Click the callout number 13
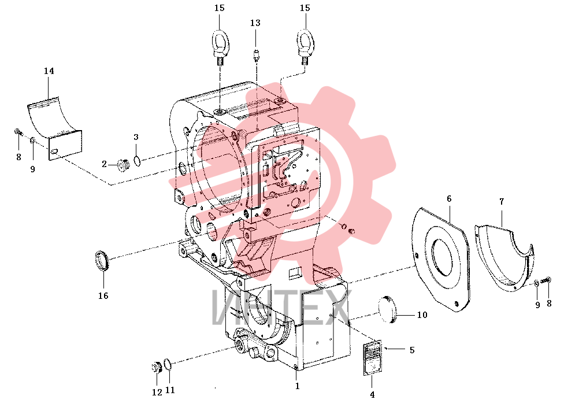pyautogui.click(x=255, y=23)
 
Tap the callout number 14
pyautogui.click(x=49, y=71)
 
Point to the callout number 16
pyautogui.click(x=103, y=296)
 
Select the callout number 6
pyautogui.click(x=449, y=199)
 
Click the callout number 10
pyautogui.click(x=422, y=315)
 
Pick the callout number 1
pyautogui.click(x=297, y=386)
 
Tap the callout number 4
pyautogui.click(x=372, y=395)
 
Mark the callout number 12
pyautogui.click(x=157, y=392)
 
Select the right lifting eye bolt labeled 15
pyautogui.click(x=305, y=46)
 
